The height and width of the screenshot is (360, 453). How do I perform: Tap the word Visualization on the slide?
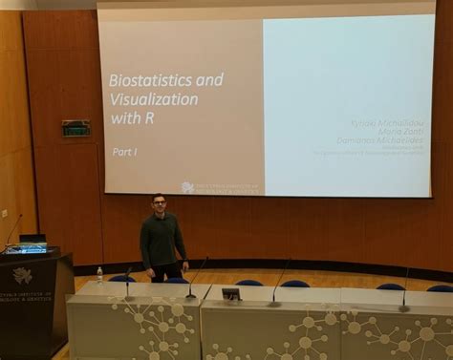pos(154,99)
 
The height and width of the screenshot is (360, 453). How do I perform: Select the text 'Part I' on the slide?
pos(125,152)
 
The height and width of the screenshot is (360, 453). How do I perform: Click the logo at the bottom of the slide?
pos(187,187)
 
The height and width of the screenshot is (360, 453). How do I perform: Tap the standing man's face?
pos(159,204)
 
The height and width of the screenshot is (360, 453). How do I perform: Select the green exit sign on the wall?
pos(75,128)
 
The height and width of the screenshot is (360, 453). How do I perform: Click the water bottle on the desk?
pos(99,275)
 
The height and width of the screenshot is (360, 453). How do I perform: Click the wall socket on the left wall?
pos(4,213)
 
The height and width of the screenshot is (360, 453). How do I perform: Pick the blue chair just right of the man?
pos(248,284)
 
